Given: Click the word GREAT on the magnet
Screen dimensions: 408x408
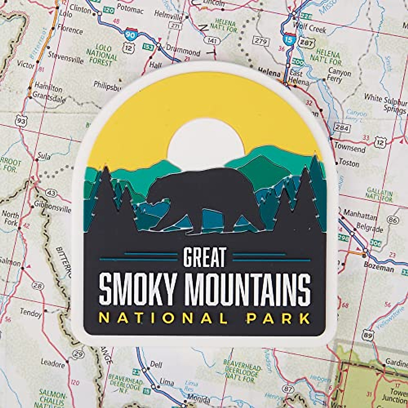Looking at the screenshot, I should click(205, 257).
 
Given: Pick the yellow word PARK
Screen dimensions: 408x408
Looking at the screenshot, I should click(278, 318).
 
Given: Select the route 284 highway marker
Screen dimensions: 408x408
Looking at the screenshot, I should click(341, 128).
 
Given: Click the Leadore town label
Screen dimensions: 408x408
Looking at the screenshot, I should click(52, 363).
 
